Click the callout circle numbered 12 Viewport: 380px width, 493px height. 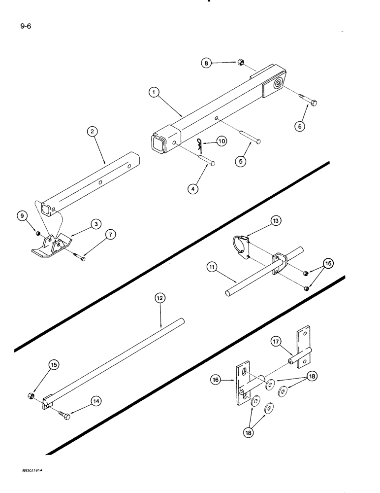(x=160, y=298)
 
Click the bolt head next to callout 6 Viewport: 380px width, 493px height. (x=313, y=103)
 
